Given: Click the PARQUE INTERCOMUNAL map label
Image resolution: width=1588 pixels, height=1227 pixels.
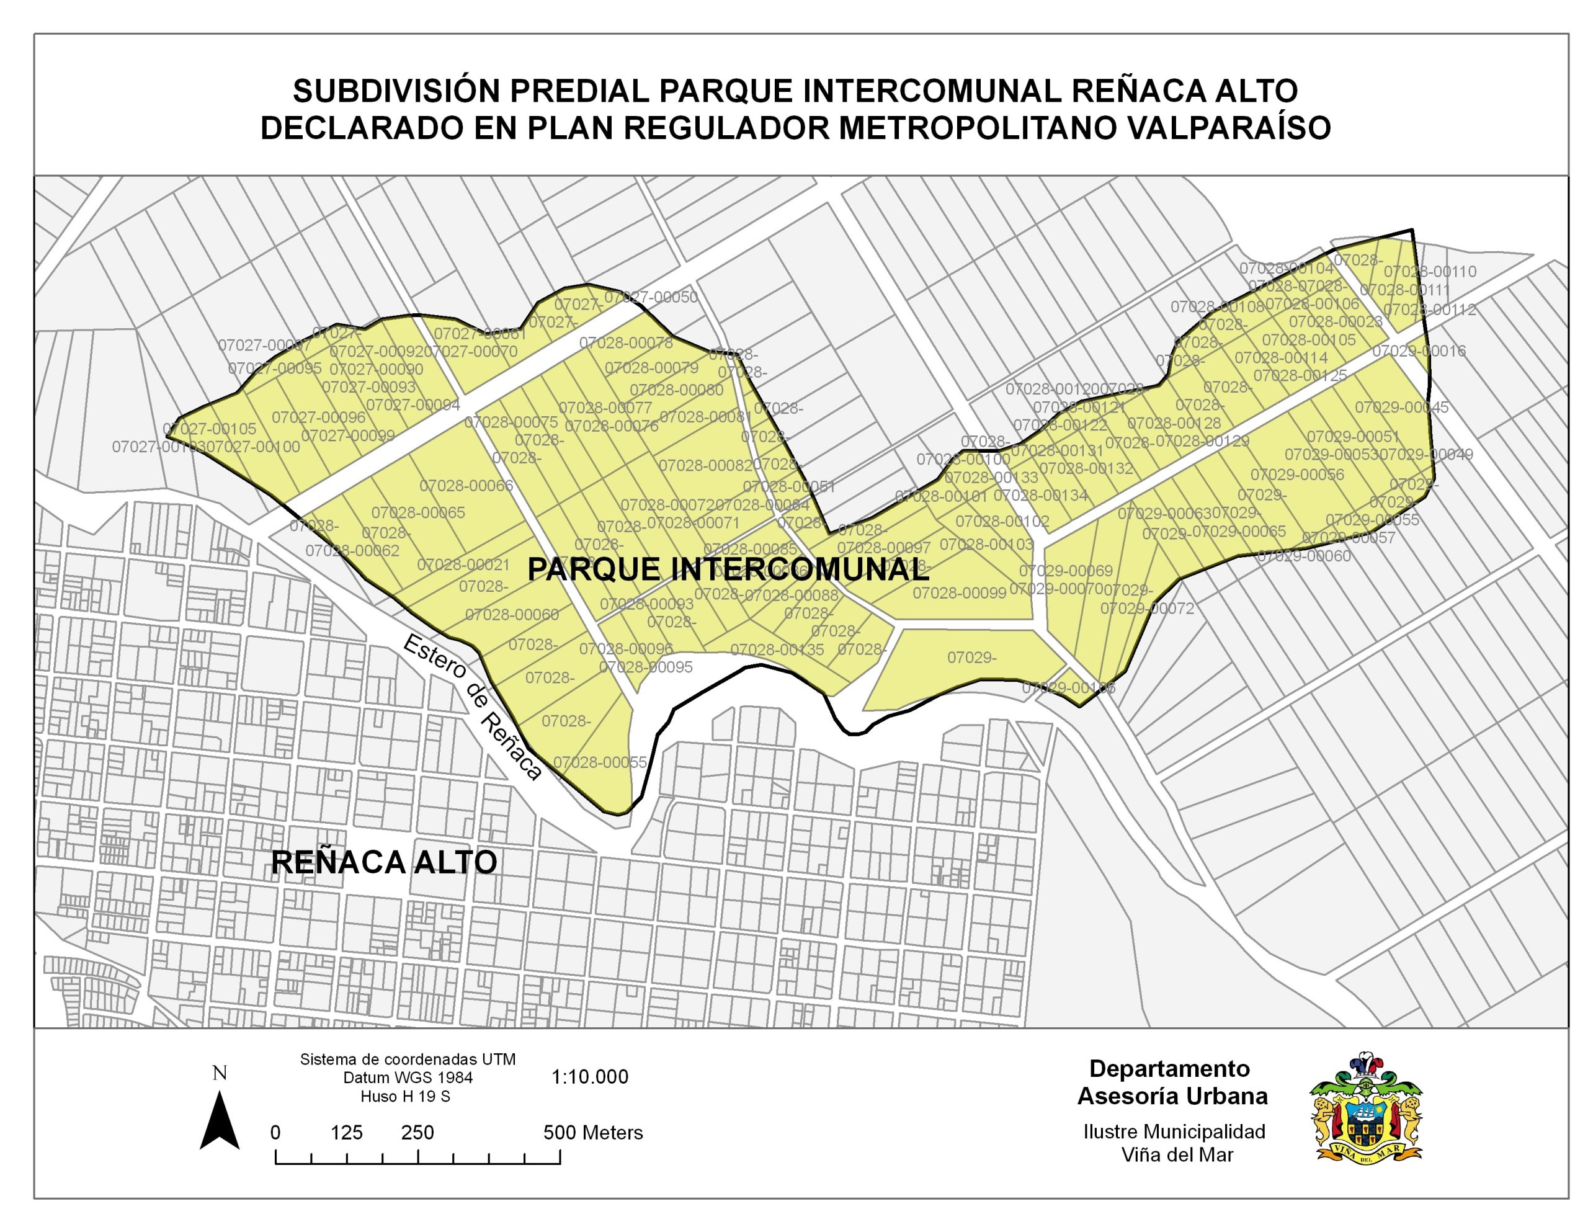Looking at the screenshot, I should click(x=728, y=569).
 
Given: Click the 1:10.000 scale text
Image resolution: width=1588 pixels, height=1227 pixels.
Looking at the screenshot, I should click(x=590, y=1077).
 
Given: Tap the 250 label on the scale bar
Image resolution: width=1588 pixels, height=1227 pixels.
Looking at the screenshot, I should click(x=417, y=1133).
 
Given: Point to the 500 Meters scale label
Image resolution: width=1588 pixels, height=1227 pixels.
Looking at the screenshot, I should click(x=593, y=1133).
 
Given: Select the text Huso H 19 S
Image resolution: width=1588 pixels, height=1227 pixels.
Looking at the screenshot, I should click(x=405, y=1096).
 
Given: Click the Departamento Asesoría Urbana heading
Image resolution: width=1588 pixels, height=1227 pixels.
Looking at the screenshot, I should click(x=1172, y=1082).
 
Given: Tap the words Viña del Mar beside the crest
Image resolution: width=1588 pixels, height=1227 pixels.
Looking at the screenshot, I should click(x=1177, y=1154).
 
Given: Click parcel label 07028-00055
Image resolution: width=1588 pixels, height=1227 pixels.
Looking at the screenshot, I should click(x=600, y=762).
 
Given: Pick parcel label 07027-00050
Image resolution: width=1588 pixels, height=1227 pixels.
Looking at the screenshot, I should click(x=651, y=297).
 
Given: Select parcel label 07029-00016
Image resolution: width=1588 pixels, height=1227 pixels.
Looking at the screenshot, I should click(x=1419, y=350).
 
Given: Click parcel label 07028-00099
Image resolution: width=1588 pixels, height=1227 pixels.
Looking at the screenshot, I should click(x=959, y=593).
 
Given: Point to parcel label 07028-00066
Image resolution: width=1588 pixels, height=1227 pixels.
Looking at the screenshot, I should click(x=466, y=485).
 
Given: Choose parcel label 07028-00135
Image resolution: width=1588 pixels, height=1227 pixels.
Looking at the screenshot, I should click(x=777, y=649).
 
